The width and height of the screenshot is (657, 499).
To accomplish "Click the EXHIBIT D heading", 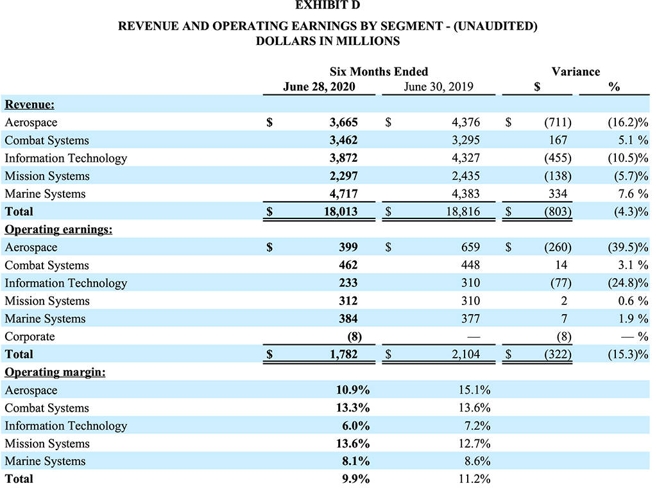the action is [x=327, y=5].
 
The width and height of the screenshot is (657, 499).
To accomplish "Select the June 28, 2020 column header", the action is [x=319, y=87].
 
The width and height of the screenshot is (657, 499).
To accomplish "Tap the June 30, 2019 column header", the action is [x=438, y=87].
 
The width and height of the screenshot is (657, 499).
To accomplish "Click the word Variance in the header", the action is [x=576, y=71].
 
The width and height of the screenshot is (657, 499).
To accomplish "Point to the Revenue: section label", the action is [x=30, y=105].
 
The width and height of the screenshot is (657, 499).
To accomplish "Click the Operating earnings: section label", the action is [x=58, y=229].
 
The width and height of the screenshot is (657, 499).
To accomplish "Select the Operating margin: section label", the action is [x=55, y=372].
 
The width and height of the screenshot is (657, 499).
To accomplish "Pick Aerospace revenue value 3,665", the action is [x=344, y=122].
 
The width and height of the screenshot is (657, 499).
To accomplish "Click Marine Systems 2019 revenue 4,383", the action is [x=466, y=193].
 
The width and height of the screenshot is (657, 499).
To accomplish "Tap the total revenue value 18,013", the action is [x=341, y=211].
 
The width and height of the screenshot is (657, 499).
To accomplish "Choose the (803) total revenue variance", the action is [x=558, y=211].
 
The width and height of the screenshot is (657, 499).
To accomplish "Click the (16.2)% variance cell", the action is [x=627, y=122].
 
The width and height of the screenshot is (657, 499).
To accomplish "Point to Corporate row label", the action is [x=30, y=337].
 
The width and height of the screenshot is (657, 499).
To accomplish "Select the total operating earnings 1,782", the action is [x=344, y=354].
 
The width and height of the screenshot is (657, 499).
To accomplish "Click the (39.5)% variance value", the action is [x=627, y=247].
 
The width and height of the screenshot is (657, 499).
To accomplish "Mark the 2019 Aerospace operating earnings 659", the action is [x=470, y=247].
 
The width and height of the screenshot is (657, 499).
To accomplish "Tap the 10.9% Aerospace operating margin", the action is [x=353, y=390].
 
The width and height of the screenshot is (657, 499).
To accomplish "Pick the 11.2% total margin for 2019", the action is [x=474, y=478].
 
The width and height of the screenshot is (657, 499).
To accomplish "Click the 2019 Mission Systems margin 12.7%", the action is [x=474, y=443].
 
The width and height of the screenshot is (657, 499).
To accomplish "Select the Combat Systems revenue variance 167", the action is [x=558, y=139].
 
